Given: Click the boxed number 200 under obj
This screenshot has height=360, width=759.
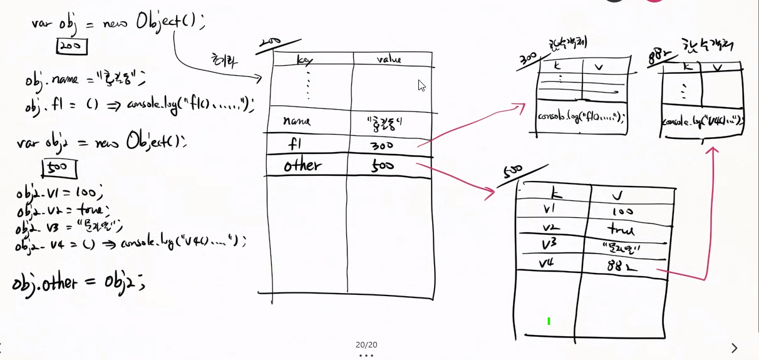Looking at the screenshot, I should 71,46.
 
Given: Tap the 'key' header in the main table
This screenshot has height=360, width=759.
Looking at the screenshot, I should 304,60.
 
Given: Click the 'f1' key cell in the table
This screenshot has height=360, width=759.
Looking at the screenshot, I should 294,143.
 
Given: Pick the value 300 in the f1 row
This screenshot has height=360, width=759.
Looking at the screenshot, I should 381,146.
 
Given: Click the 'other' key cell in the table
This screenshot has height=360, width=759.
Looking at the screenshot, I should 302,165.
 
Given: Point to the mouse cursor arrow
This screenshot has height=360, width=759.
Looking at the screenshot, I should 422,85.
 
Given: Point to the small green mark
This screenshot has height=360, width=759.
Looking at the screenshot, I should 549,321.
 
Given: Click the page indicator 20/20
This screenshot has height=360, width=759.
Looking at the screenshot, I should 366,344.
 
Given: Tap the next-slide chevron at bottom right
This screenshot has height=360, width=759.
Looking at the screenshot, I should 735,347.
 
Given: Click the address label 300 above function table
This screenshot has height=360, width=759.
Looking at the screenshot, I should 528,59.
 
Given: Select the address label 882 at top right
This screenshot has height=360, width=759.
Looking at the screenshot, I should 658,57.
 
